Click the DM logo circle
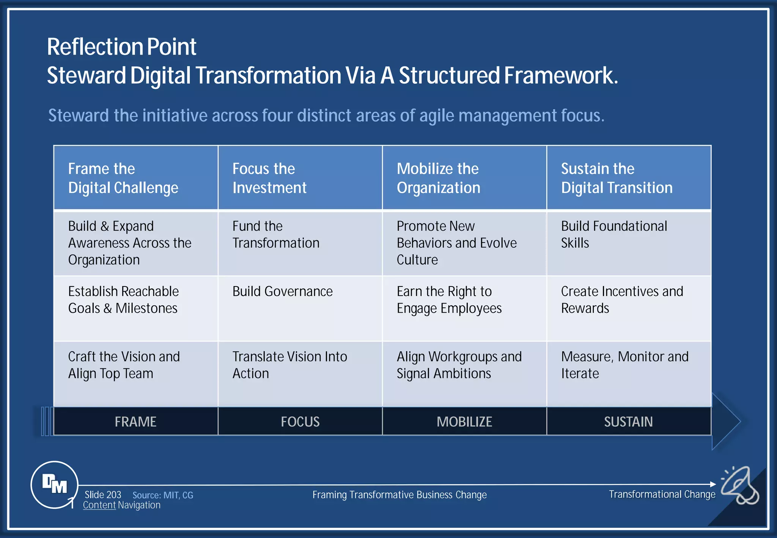pyautogui.click(x=54, y=485)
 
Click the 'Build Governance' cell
pyautogui.click(x=283, y=291)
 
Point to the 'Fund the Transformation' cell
pyautogui.click(x=276, y=234)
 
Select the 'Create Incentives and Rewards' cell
pyautogui.click(x=622, y=300)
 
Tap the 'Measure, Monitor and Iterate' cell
pyautogui.click(x=624, y=365)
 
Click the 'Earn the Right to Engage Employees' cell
pyautogui.click(x=449, y=300)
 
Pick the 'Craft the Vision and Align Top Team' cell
pyautogui.click(x=124, y=365)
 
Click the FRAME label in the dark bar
pyautogui.click(x=135, y=422)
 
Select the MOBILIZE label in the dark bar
pyautogui.click(x=464, y=422)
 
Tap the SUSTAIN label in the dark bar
pyautogui.click(x=628, y=422)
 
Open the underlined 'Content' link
pyautogui.click(x=99, y=505)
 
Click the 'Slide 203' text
pyautogui.click(x=103, y=495)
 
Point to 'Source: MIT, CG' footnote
pyautogui.click(x=163, y=495)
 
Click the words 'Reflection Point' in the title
pyautogui.click(x=121, y=47)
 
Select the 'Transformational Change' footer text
pyautogui.click(x=662, y=494)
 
